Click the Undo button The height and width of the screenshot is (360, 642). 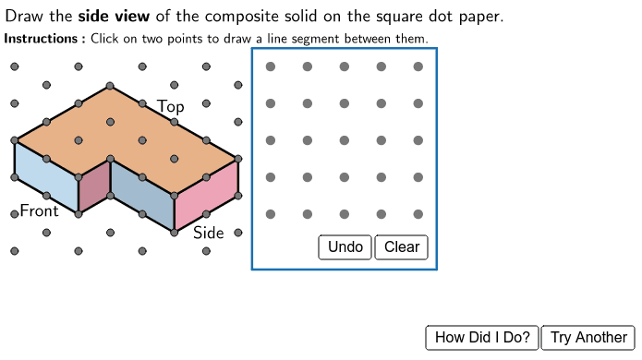tap(345, 247)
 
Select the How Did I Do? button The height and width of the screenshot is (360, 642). tap(482, 338)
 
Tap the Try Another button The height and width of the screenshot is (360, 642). tap(588, 338)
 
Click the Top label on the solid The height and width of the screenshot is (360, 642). tap(171, 107)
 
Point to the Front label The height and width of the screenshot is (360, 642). tap(39, 210)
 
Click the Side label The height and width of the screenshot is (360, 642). tap(209, 233)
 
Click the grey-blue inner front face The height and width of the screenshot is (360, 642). tap(142, 191)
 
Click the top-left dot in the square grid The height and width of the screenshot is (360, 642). tap(270, 66)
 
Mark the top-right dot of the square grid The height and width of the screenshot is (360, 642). tap(418, 66)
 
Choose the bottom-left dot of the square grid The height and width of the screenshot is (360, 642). tap(270, 214)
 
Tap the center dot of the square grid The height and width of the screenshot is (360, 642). tap(344, 140)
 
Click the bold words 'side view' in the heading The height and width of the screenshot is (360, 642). tap(115, 18)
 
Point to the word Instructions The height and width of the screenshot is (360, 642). tap(42, 39)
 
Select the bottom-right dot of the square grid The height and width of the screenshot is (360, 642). tap(418, 214)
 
